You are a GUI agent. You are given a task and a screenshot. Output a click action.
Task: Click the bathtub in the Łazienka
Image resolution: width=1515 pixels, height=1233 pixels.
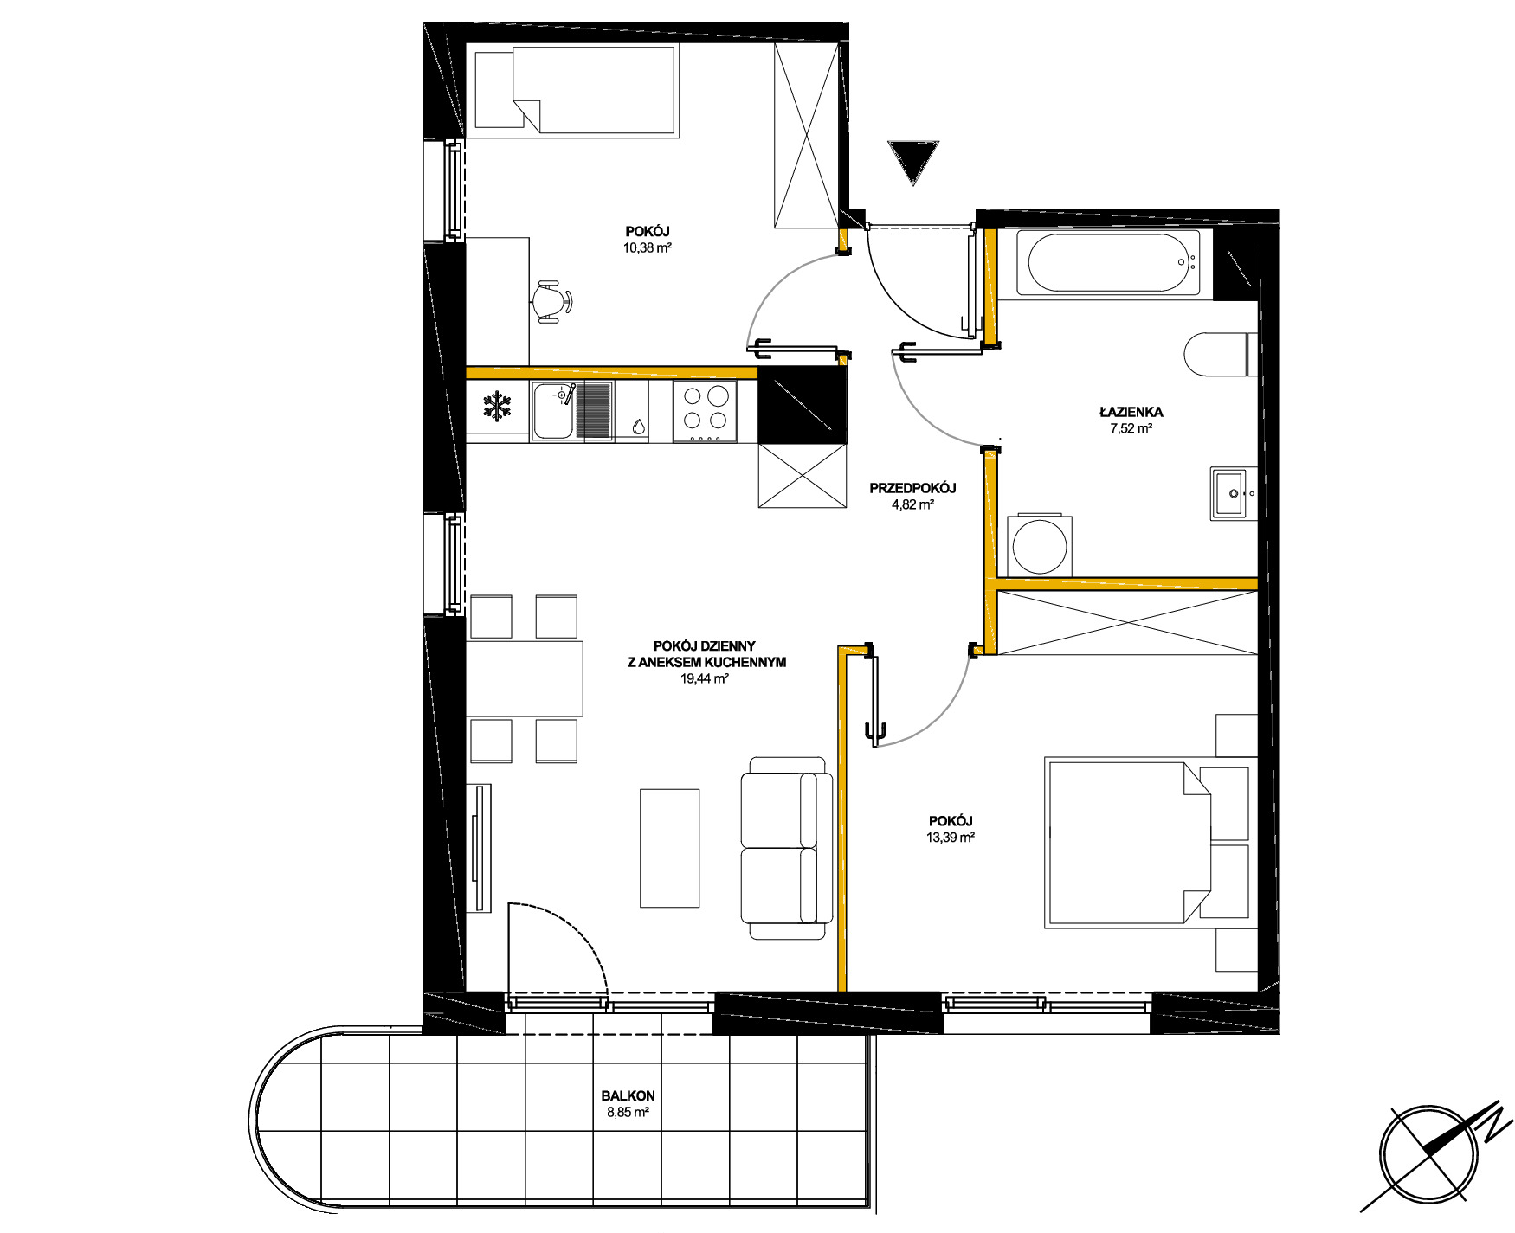click(1108, 262)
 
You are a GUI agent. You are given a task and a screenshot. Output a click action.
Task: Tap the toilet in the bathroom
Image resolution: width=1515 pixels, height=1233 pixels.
click(1221, 354)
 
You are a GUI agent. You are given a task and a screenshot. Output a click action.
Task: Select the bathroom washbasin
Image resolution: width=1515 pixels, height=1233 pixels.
click(1234, 493)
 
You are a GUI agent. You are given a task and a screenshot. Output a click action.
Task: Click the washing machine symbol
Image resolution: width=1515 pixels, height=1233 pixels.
click(1039, 545)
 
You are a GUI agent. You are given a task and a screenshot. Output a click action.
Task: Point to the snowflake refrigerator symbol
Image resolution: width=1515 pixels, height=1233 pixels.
click(497, 407)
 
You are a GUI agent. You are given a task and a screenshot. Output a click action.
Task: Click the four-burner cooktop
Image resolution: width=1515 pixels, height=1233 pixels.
click(706, 412)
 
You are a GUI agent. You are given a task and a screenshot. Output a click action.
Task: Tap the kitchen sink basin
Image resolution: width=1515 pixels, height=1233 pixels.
click(554, 411)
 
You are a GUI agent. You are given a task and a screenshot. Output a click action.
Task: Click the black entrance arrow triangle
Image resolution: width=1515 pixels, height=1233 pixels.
click(912, 160)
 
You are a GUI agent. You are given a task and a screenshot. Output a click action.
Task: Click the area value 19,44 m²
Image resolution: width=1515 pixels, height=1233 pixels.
click(705, 679)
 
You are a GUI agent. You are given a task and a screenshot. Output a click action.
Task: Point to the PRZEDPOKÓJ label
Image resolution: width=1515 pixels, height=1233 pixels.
click(912, 488)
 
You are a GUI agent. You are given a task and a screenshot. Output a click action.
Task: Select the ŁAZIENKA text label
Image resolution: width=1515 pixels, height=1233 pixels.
click(1131, 412)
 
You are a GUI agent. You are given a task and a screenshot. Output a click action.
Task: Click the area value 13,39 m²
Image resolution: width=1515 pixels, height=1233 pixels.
click(951, 838)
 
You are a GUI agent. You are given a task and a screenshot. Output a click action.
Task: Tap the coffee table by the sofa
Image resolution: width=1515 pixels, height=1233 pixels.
click(669, 848)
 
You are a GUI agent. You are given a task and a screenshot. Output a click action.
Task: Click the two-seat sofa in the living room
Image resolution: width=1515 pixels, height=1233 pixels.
click(786, 848)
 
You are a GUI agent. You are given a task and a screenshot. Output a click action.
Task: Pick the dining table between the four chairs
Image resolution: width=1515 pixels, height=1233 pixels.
click(525, 678)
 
